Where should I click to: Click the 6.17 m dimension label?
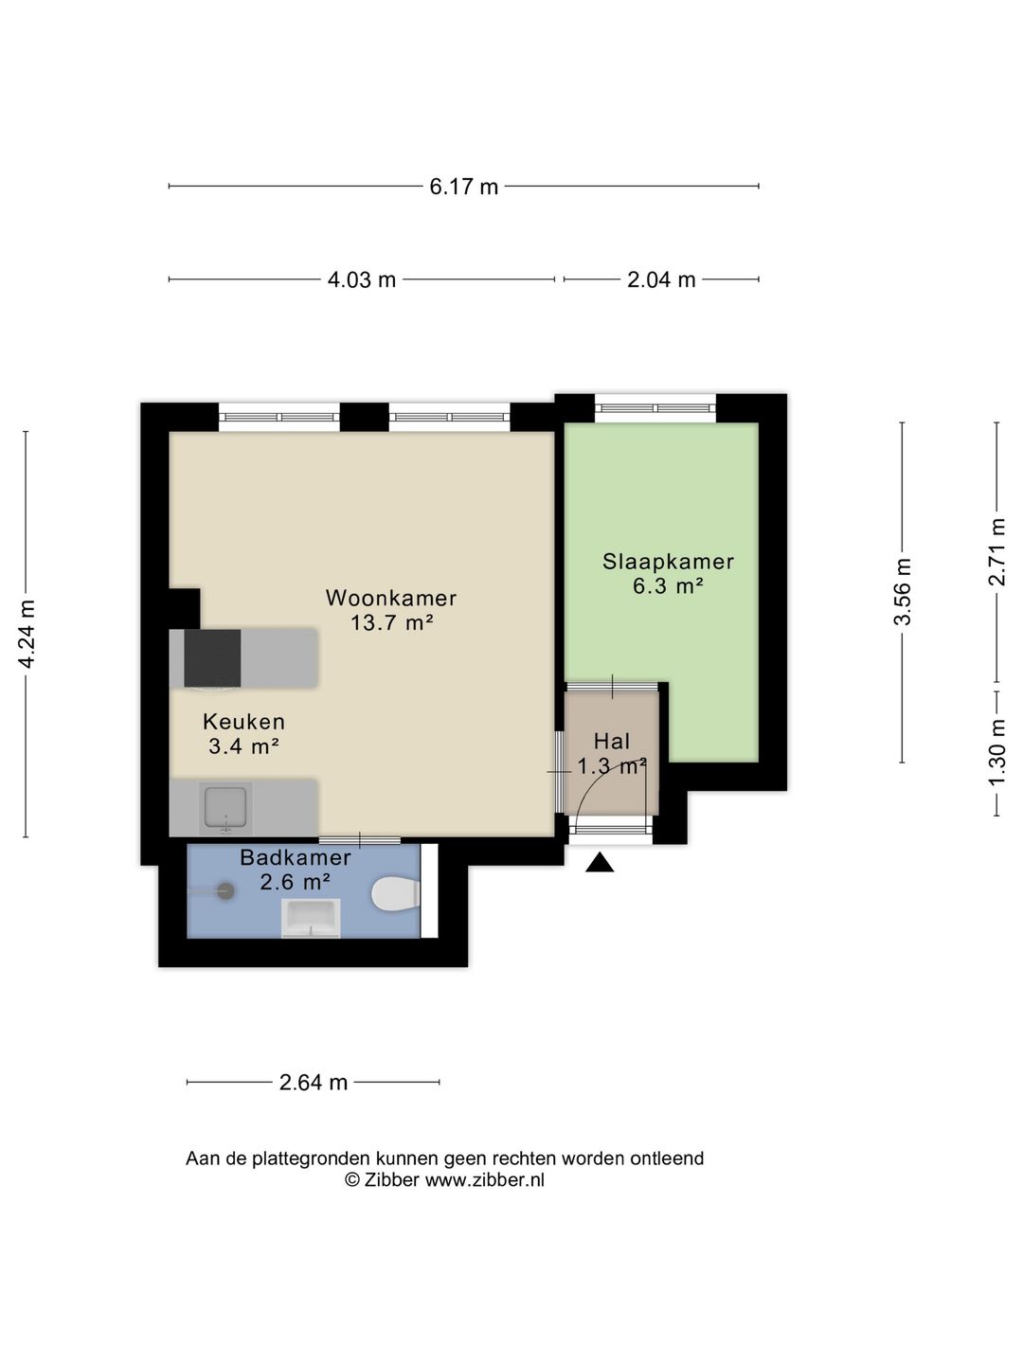click(463, 187)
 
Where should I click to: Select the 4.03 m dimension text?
click(361, 279)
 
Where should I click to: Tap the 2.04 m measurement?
click(661, 279)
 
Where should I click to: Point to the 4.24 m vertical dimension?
click(27, 634)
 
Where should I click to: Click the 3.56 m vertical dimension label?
click(903, 591)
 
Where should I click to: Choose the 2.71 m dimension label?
click(996, 552)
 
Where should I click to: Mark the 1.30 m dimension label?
click(996, 751)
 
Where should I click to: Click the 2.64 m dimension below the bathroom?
click(314, 1082)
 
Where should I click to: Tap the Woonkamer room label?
click(391, 599)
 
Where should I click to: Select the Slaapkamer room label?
click(668, 562)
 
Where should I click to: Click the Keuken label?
click(243, 722)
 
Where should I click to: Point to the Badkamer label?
click(295, 858)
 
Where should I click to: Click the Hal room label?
click(612, 742)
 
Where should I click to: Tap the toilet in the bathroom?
click(396, 894)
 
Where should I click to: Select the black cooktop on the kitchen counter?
click(212, 657)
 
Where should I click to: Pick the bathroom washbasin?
click(311, 918)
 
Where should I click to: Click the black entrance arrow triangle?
click(600, 863)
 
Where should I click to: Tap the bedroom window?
click(655, 408)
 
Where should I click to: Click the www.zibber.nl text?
click(484, 1180)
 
